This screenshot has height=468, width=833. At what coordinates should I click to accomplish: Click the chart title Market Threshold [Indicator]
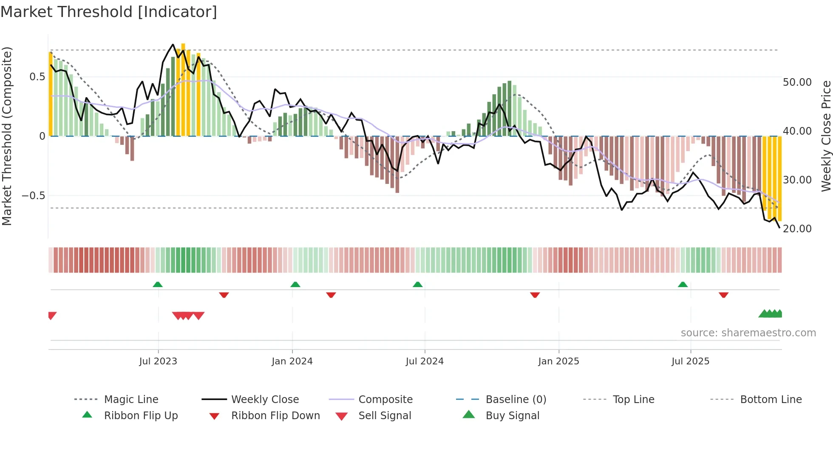coord(109,12)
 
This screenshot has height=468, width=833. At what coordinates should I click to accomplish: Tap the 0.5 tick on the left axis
coord(37,77)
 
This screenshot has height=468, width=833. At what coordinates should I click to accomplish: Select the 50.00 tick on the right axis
coord(797,82)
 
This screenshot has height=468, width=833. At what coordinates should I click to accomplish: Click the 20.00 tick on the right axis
coord(797,229)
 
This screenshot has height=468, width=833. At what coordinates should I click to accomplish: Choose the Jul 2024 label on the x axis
coord(425,361)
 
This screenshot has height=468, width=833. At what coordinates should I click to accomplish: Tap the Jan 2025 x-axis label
coord(558,361)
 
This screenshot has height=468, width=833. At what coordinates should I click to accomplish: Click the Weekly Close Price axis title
coord(826,136)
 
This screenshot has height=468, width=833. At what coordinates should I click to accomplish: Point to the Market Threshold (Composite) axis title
coord(7,136)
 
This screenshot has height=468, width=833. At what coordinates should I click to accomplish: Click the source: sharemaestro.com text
coord(748,333)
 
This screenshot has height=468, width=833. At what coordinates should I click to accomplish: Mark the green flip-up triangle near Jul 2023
coord(158,285)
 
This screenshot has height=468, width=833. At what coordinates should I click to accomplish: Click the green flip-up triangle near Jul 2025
coord(683,285)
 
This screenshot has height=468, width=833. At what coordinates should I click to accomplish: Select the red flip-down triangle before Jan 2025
coord(535,295)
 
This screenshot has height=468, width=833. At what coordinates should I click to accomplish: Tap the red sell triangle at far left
coord(52,316)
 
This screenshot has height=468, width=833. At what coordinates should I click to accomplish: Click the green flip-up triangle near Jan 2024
coord(295,285)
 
